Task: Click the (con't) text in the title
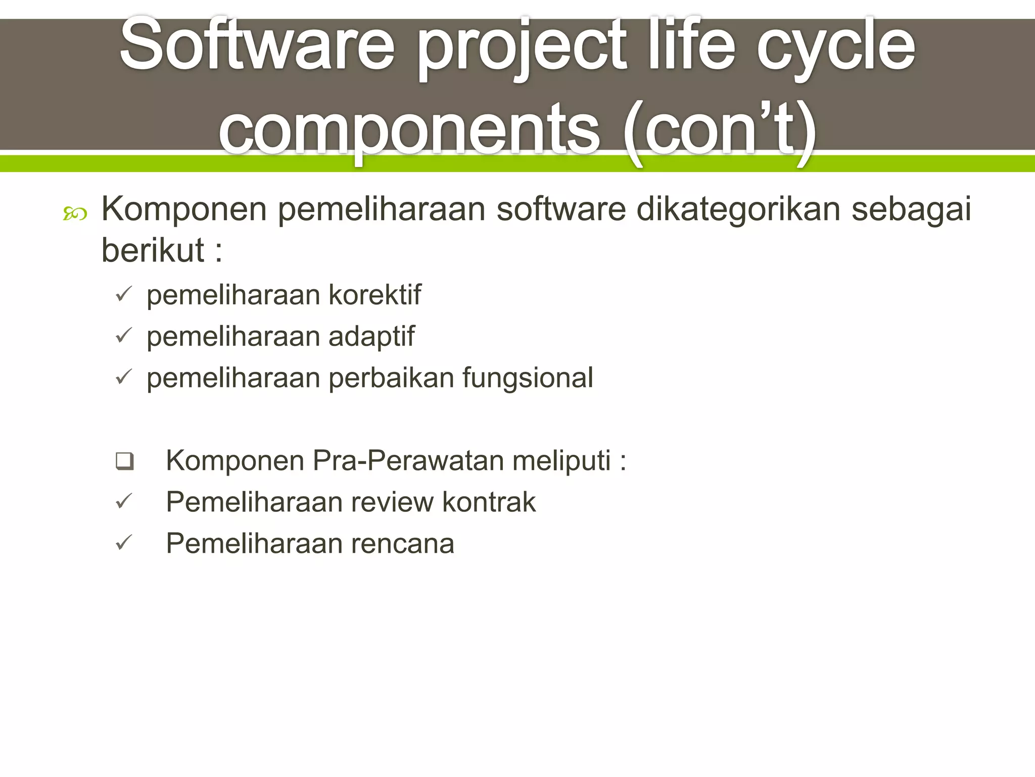point(720,131)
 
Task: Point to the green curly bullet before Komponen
point(75,214)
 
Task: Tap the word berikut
point(153,250)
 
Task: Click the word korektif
point(374,294)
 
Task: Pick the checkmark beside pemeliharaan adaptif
point(124,335)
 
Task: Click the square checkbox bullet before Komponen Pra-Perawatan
point(124,461)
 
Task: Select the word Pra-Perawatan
point(407,461)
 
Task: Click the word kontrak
point(488,502)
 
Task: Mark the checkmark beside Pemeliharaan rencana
point(124,543)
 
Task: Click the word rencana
point(402,544)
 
